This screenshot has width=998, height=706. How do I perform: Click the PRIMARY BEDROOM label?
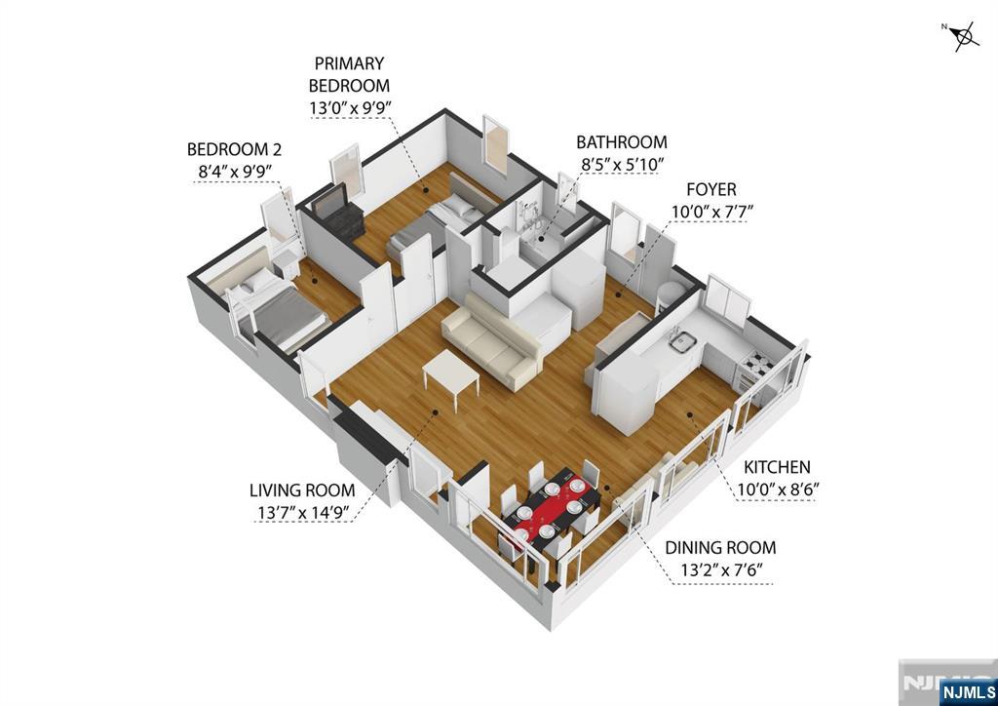coord(350,75)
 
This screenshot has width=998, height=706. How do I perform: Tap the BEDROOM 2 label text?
coord(234,149)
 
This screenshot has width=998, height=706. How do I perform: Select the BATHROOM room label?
coord(621,142)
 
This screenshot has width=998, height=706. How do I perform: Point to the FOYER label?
coord(710,189)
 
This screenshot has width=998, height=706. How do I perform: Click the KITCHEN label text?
coord(777,468)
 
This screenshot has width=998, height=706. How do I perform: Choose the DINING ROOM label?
coord(720,548)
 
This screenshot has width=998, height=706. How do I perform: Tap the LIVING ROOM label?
coord(302,490)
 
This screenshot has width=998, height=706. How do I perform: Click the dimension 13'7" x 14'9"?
coord(301,512)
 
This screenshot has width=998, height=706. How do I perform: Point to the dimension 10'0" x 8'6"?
coord(776,490)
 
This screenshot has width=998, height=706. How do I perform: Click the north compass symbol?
coord(964,37)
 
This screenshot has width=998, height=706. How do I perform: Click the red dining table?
coord(550,505)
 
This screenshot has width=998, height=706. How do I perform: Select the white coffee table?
coord(451,374)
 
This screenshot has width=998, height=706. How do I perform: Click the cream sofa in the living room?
coord(492,340)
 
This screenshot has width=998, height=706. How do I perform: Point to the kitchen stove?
coord(757,367)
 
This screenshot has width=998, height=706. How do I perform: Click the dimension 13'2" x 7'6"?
coord(719,570)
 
